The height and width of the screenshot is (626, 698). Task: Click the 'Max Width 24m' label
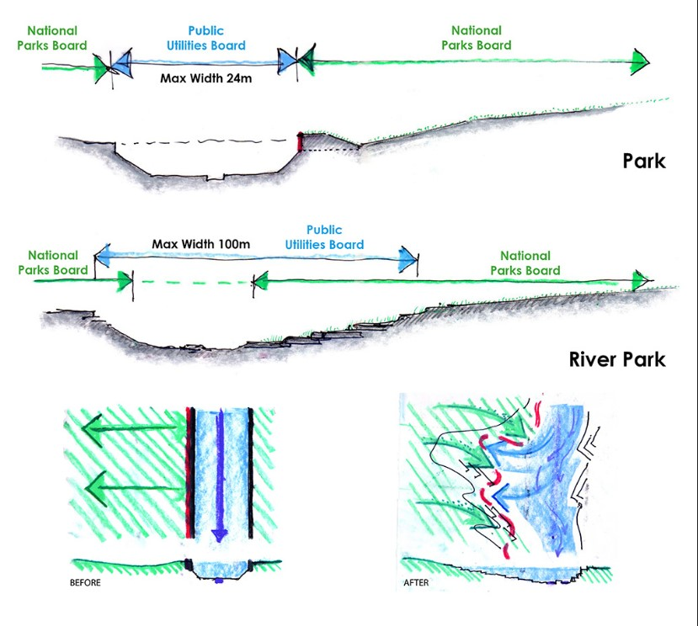point(206,80)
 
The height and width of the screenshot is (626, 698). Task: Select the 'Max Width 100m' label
point(201,244)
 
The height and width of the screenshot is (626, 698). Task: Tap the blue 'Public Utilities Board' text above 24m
point(206,38)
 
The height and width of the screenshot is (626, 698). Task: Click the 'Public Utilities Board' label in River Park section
point(324,236)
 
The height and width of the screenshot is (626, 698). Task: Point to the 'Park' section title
point(644,160)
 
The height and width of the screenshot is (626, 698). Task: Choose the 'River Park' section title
point(618,359)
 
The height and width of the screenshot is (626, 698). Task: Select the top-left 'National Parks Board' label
point(57,38)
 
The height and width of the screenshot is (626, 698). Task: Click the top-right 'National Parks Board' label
point(476,38)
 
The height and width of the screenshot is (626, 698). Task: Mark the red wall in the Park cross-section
point(300,142)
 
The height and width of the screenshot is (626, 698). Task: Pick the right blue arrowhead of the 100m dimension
point(409,258)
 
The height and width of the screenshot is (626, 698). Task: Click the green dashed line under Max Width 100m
point(193,281)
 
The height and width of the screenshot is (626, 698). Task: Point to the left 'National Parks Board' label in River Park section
point(57,263)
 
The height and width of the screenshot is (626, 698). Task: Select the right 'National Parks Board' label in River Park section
point(525,263)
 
